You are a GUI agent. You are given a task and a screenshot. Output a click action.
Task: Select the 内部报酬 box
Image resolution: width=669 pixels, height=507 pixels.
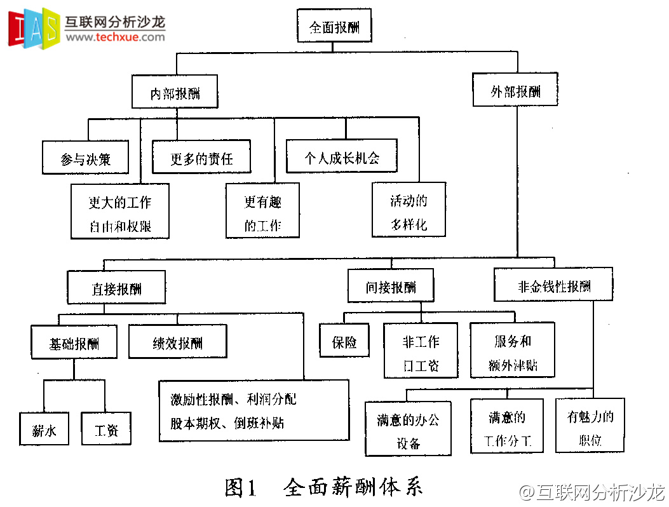175,93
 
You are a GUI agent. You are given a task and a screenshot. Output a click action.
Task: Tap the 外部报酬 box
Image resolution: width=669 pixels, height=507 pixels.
515,90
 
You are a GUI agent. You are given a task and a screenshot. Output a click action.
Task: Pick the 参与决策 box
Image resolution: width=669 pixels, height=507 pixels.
86,159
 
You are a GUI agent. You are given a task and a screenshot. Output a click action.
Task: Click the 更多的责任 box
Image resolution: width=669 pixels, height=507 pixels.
201,158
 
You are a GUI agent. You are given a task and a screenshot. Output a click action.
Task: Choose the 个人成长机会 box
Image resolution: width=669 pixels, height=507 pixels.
341,156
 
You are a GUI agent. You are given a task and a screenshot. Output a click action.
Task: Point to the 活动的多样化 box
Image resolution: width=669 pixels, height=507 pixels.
409,212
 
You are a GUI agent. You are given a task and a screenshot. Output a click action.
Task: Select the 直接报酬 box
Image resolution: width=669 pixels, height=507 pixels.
116,288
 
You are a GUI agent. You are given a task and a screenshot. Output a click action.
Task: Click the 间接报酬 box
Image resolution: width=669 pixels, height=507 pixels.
391,286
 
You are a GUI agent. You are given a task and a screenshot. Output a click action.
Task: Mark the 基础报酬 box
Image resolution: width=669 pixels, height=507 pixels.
74,343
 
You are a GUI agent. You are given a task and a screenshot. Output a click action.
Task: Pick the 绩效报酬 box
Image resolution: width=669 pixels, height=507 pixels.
177,342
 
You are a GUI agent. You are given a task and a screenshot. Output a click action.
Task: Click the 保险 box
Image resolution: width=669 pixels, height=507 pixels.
344,341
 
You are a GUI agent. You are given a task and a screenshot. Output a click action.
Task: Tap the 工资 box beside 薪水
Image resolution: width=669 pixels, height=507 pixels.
106,429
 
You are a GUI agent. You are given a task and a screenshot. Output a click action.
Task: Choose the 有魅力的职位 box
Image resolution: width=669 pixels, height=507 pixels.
590,426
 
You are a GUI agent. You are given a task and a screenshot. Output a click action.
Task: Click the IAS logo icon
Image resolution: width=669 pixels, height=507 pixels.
33,28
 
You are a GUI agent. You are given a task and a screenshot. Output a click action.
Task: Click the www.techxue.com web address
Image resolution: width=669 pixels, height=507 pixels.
115,37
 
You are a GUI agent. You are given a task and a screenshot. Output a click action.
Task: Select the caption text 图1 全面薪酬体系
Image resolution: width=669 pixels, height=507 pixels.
323,487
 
